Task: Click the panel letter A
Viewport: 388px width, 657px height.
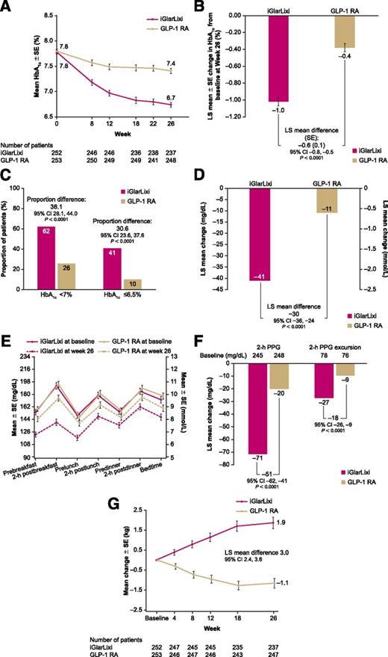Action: tap(6, 7)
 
